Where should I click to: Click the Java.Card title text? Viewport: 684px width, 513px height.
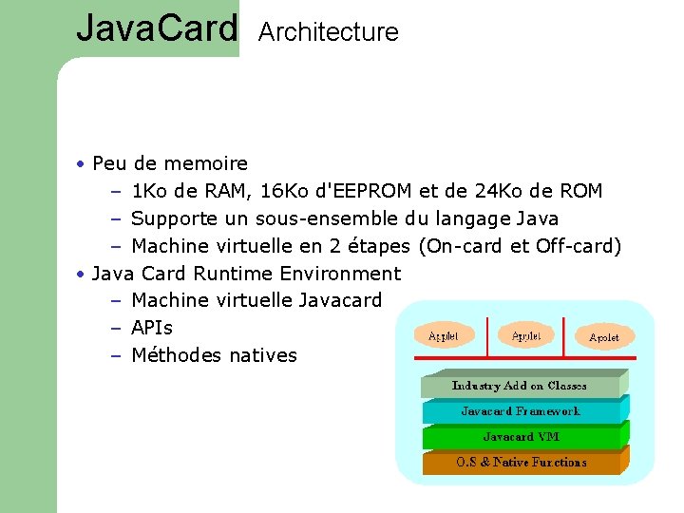point(157,28)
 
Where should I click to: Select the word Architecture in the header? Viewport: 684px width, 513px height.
point(328,32)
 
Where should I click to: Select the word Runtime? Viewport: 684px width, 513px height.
point(233,274)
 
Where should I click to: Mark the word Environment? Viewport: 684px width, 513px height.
point(341,274)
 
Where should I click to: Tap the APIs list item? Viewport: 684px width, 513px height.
point(152,328)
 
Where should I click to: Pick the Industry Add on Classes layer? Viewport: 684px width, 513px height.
point(520,386)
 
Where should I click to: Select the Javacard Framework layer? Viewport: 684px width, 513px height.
point(520,411)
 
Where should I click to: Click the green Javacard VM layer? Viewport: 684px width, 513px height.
point(520,437)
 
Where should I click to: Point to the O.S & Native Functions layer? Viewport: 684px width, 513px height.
point(520,463)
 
